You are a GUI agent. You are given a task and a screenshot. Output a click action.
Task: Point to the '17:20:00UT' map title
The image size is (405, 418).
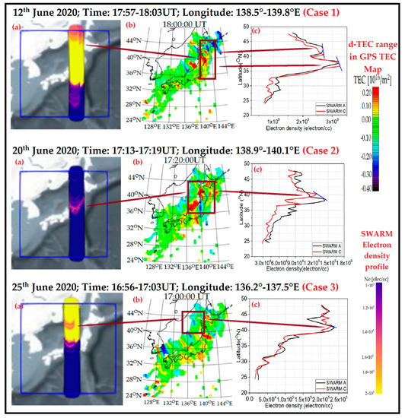coord(169,161)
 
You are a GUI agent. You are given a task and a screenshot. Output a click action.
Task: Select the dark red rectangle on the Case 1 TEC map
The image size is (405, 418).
coord(206,59)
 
